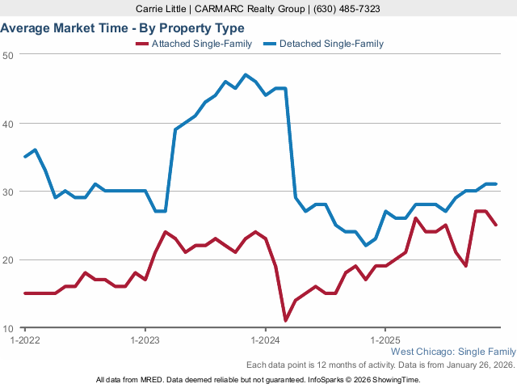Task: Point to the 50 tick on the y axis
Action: pyautogui.click(x=7, y=55)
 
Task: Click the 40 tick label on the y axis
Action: pyautogui.click(x=7, y=124)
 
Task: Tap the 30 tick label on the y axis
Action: pyautogui.click(x=7, y=192)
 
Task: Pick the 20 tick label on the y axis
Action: pyautogui.click(x=7, y=260)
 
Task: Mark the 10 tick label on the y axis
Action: pyautogui.click(x=7, y=328)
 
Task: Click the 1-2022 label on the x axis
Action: pyautogui.click(x=24, y=340)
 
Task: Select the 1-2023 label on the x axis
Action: pyautogui.click(x=145, y=340)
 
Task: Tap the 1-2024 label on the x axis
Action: pyautogui.click(x=265, y=340)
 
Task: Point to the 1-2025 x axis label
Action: pyautogui.click(x=385, y=340)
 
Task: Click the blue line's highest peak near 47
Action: pyautogui.click(x=246, y=75)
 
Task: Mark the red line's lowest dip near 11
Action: pyautogui.click(x=285, y=321)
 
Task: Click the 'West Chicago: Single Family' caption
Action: pyautogui.click(x=452, y=352)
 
